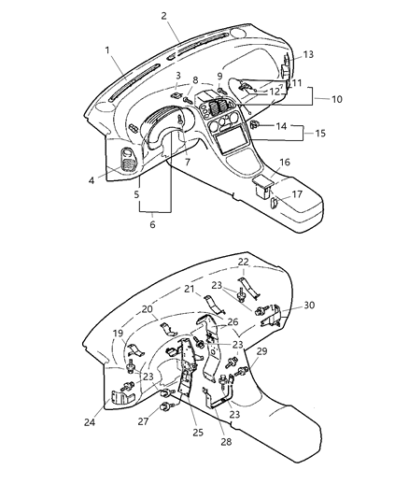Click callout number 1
pyautogui.click(x=108, y=50)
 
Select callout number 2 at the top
pyautogui.click(x=163, y=16)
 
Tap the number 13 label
pyautogui.click(x=307, y=54)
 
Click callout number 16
pyautogui.click(x=285, y=163)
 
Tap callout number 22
pyautogui.click(x=243, y=262)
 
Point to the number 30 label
pyautogui.click(x=310, y=305)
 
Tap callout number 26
pyautogui.click(x=233, y=322)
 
